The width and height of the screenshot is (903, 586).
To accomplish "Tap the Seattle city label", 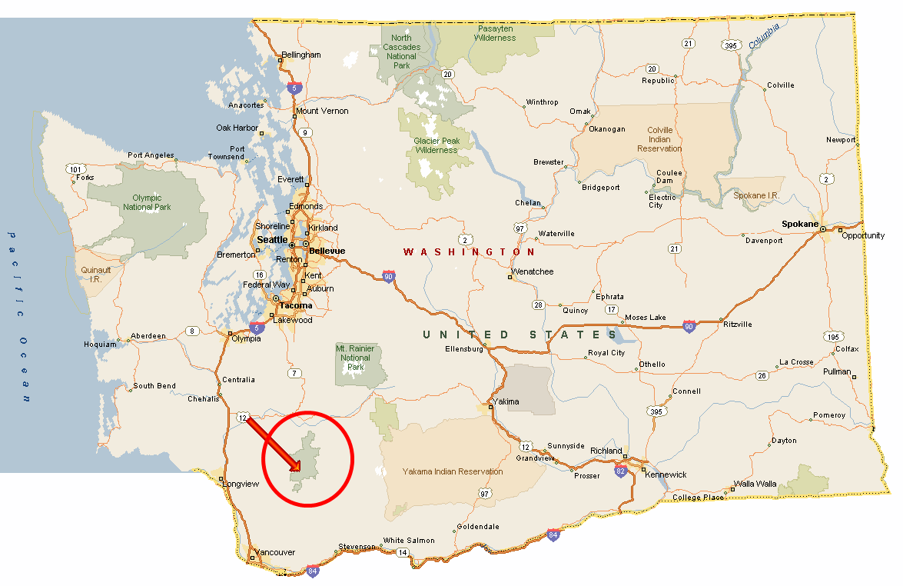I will (x=272, y=240).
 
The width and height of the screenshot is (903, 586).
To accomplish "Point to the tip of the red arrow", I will (x=299, y=470).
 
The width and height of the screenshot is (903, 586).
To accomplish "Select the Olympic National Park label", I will (x=147, y=202).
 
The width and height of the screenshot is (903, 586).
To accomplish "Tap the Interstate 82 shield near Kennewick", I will (x=620, y=471).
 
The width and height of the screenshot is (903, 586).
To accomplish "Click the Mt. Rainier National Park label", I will (x=355, y=358).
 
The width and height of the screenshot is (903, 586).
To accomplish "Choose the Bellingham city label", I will (x=301, y=55).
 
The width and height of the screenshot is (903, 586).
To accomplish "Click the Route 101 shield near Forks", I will (x=75, y=168).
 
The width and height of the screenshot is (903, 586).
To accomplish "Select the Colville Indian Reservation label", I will (x=659, y=140).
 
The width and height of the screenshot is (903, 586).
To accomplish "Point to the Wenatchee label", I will (x=533, y=271).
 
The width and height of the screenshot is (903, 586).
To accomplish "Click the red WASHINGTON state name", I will (x=470, y=252).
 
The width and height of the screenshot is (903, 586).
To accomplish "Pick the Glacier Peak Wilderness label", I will (x=436, y=145).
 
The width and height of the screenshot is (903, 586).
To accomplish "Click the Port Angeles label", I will (x=151, y=155).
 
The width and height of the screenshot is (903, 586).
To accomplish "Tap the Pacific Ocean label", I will (x=19, y=316).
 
